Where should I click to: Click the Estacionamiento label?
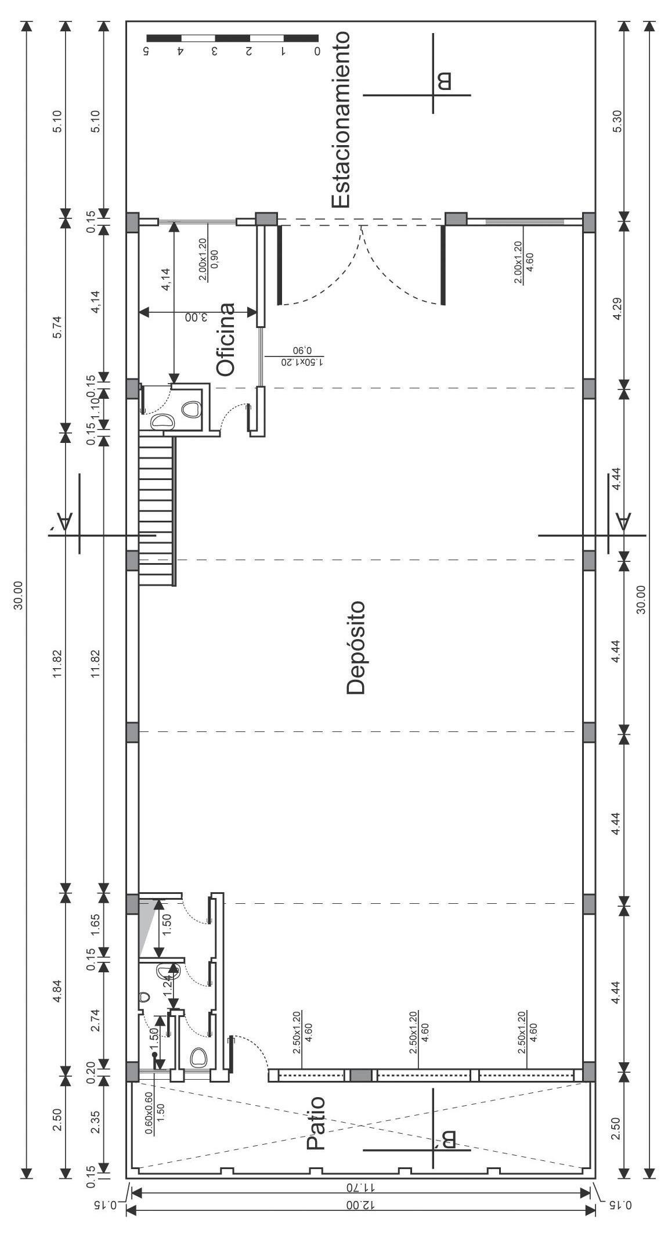(341, 120)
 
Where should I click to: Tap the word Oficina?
(226, 339)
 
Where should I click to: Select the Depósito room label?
(355, 647)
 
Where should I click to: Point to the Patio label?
(316, 1123)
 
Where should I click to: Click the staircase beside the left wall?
(157, 511)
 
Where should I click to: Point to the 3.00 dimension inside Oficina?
(196, 318)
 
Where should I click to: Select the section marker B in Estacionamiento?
(444, 80)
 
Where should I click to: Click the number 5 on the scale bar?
(147, 51)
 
